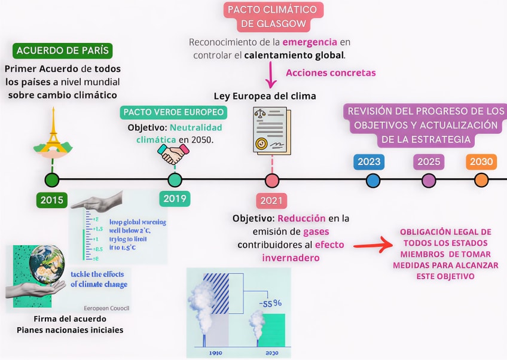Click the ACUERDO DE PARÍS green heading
(64, 50)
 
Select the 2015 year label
(52, 200)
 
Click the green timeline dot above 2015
(52, 179)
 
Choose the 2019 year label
(175, 199)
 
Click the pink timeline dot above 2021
(272, 179)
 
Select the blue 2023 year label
(369, 161)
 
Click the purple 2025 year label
(429, 161)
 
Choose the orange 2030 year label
(481, 161)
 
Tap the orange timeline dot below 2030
(481, 179)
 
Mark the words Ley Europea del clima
(265, 96)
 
